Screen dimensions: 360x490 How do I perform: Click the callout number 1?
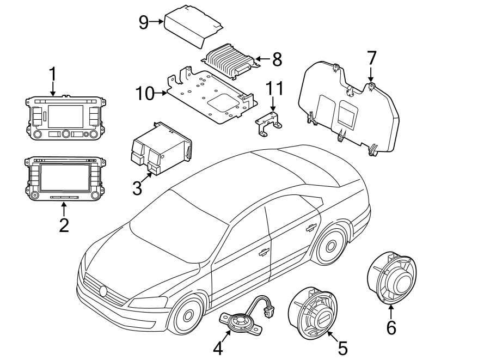coord(53,73)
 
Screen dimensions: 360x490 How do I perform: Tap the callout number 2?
coord(64,224)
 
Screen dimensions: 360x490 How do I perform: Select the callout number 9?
coord(143,22)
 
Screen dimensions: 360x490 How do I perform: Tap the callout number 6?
coord(391,328)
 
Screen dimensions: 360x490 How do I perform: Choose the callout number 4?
coord(218,347)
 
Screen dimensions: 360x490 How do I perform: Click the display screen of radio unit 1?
coord(65,116)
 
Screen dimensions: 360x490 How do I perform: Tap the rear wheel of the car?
coord(330,247)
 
